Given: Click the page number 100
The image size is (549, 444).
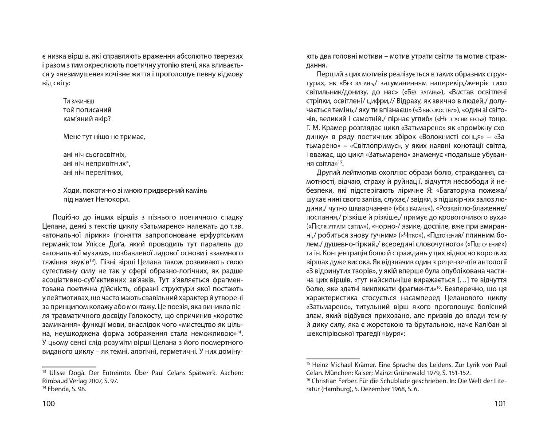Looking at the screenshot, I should [x=48, y=403].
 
